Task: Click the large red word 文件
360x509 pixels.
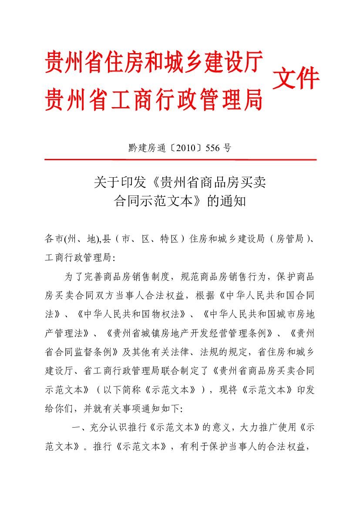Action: point(296,79)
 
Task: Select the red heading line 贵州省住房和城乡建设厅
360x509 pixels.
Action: point(154,62)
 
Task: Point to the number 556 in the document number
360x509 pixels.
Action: point(212,148)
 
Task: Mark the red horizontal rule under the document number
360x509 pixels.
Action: point(180,160)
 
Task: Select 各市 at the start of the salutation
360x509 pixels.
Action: point(54,239)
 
